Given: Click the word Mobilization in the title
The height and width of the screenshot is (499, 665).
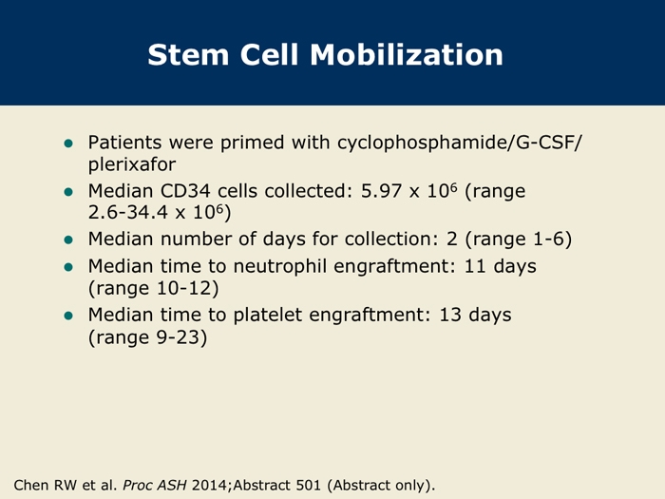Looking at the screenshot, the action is point(407,55).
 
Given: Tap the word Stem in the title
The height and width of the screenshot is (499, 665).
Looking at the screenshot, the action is point(189,55).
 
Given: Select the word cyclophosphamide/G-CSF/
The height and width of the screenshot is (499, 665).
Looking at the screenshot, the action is point(460,143).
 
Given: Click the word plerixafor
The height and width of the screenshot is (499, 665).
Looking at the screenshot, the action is point(132,164).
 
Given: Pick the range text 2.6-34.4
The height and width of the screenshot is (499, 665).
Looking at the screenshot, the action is point(128,212).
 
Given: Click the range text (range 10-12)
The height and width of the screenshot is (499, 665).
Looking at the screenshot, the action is point(154,289).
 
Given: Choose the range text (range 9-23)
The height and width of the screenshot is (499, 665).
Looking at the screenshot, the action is point(147,337).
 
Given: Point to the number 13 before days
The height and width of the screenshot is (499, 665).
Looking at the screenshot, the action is point(450,316).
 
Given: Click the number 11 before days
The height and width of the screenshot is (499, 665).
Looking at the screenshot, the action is point(475,266).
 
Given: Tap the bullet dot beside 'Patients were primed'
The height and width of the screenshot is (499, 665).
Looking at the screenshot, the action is point(68,144).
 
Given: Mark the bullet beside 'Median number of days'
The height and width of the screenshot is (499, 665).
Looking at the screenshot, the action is point(68,240).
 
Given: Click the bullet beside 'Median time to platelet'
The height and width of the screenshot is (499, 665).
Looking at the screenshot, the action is point(68,316).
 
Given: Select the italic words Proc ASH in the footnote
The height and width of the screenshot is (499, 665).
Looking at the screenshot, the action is point(154,485).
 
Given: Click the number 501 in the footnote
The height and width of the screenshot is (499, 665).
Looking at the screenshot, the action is point(308,485).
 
